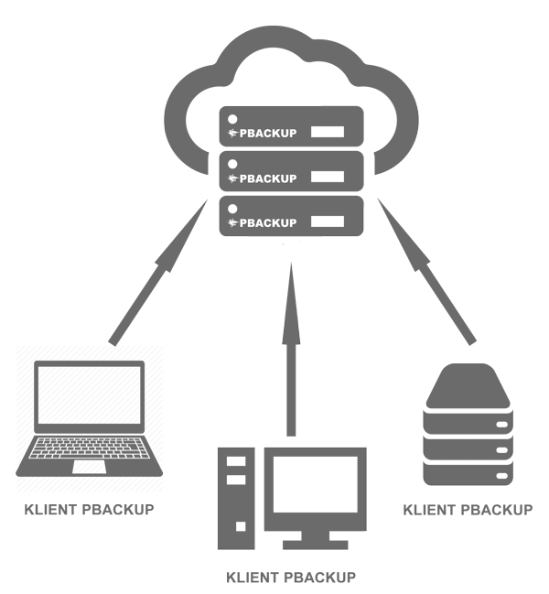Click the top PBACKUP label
[x=267, y=133]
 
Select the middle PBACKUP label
[x=267, y=178]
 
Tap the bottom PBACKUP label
[x=267, y=223]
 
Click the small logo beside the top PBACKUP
[x=232, y=133]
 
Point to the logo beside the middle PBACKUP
[x=232, y=178]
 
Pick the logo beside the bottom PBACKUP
[x=232, y=223]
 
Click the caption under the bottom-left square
[x=90, y=509]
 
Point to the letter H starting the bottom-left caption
[x=28, y=509]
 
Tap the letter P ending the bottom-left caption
[x=150, y=509]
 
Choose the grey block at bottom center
[x=292, y=499]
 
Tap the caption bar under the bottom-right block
[x=468, y=508]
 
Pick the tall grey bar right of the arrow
[x=426, y=271]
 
